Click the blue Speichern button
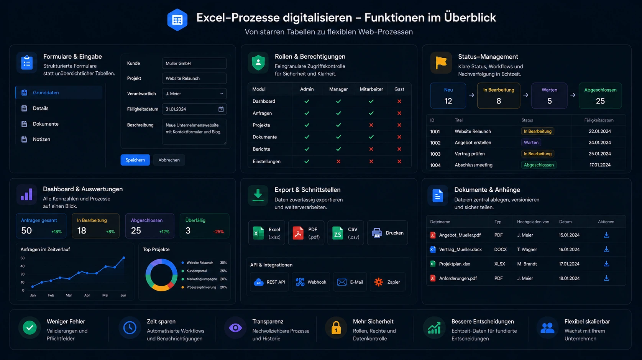pyautogui.click(x=135, y=160)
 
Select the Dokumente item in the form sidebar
pyautogui.click(x=46, y=124)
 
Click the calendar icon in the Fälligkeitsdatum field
pyautogui.click(x=221, y=109)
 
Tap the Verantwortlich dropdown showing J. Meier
pyautogui.click(x=194, y=94)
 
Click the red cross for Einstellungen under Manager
pyautogui.click(x=338, y=161)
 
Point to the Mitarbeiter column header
pyautogui.click(x=371, y=89)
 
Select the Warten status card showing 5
pyautogui.click(x=549, y=96)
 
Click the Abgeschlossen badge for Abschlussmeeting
pyautogui.click(x=539, y=165)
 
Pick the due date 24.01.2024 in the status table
pyautogui.click(x=599, y=143)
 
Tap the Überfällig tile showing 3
pyautogui.click(x=204, y=226)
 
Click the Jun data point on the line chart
pyautogui.click(x=124, y=258)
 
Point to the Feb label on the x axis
pyautogui.click(x=51, y=295)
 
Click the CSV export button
pyautogui.click(x=346, y=233)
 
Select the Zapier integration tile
pyautogui.click(x=387, y=282)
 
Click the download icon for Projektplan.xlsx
pyautogui.click(x=606, y=264)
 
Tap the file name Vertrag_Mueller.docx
pyautogui.click(x=460, y=249)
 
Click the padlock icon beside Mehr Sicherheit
pyautogui.click(x=336, y=328)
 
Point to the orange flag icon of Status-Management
pyautogui.click(x=441, y=63)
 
